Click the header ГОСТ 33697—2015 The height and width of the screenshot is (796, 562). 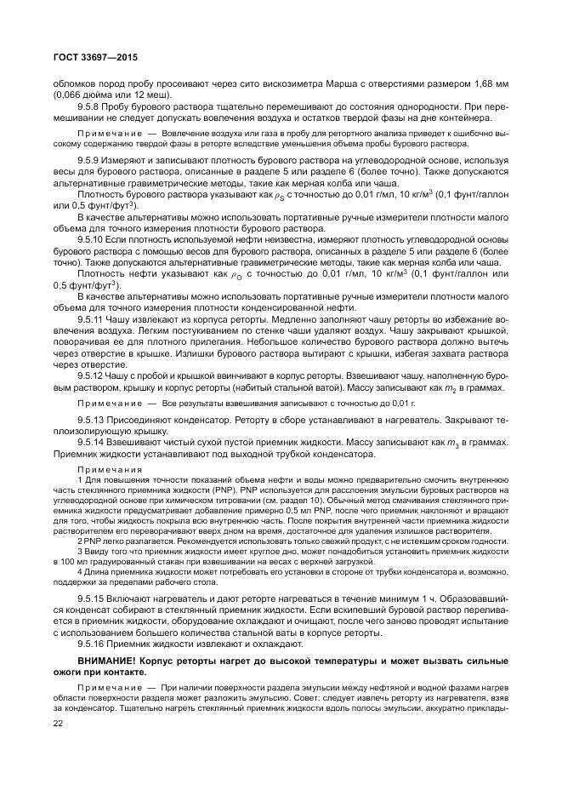(88, 56)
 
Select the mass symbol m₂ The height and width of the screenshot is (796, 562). (457, 387)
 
